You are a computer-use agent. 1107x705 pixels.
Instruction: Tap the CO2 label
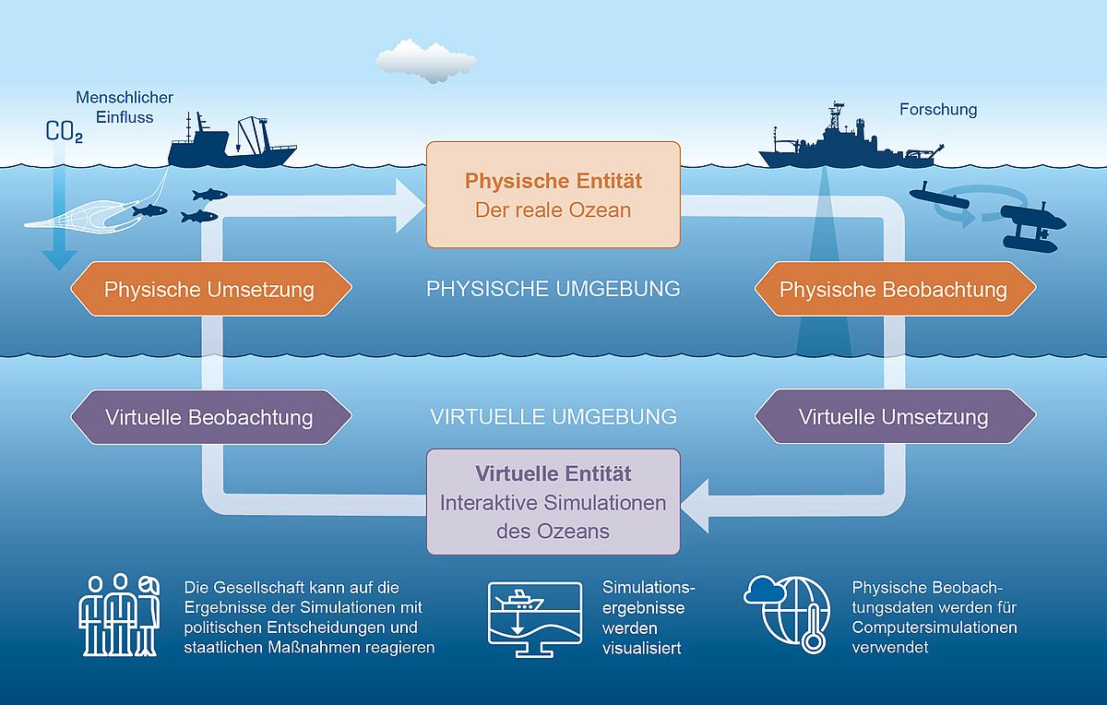64,133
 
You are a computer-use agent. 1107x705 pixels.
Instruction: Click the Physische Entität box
553,195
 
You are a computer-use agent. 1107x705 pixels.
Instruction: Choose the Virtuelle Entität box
553,501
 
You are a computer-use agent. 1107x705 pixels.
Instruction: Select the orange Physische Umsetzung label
209,290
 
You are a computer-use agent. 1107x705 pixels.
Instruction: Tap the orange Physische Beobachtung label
893,290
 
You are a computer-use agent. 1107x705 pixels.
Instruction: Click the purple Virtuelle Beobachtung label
209,417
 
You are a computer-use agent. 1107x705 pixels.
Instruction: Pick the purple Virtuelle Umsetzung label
893,417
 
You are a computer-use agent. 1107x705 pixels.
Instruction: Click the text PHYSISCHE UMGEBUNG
553,289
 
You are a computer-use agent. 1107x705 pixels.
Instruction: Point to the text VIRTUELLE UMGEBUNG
553,417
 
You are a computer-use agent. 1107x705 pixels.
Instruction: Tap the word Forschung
938,110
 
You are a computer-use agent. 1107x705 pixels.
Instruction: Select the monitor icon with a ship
534,618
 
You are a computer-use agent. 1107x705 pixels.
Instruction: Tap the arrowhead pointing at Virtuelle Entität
698,505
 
